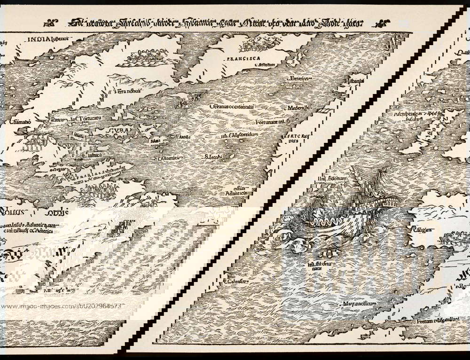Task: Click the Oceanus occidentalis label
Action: (x=232, y=107)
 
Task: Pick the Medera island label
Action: (x=296, y=108)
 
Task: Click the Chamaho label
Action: (x=20, y=122)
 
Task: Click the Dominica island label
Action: (x=169, y=158)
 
